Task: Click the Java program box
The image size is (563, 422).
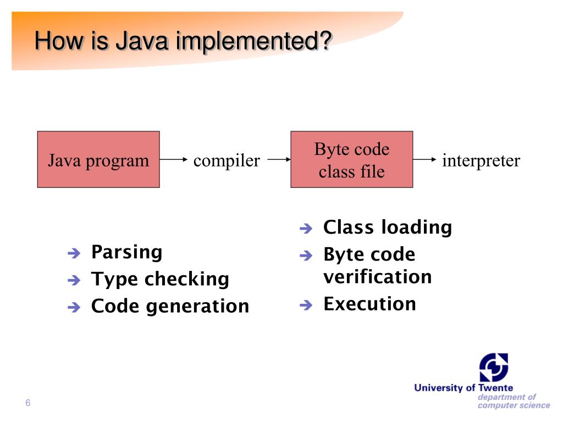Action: tap(98, 160)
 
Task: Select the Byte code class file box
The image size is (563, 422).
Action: tap(351, 160)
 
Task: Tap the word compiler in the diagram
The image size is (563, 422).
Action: tap(227, 161)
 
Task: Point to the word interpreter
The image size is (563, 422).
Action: tap(481, 161)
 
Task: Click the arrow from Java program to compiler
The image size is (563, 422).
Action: tap(174, 160)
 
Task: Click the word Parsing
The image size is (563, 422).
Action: tap(126, 252)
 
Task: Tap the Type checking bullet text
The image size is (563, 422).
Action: tap(159, 279)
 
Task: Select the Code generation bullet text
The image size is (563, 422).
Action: tap(170, 306)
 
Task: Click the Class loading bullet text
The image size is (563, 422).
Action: tap(388, 227)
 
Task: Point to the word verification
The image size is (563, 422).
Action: tap(377, 276)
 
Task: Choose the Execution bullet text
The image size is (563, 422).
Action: tap(369, 304)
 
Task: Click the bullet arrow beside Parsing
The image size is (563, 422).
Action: tap(74, 253)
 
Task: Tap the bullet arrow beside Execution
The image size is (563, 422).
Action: tap(306, 305)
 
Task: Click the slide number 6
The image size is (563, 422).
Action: tap(27, 404)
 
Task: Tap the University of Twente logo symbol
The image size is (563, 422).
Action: tap(493, 367)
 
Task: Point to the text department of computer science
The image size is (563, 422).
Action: tap(513, 401)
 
